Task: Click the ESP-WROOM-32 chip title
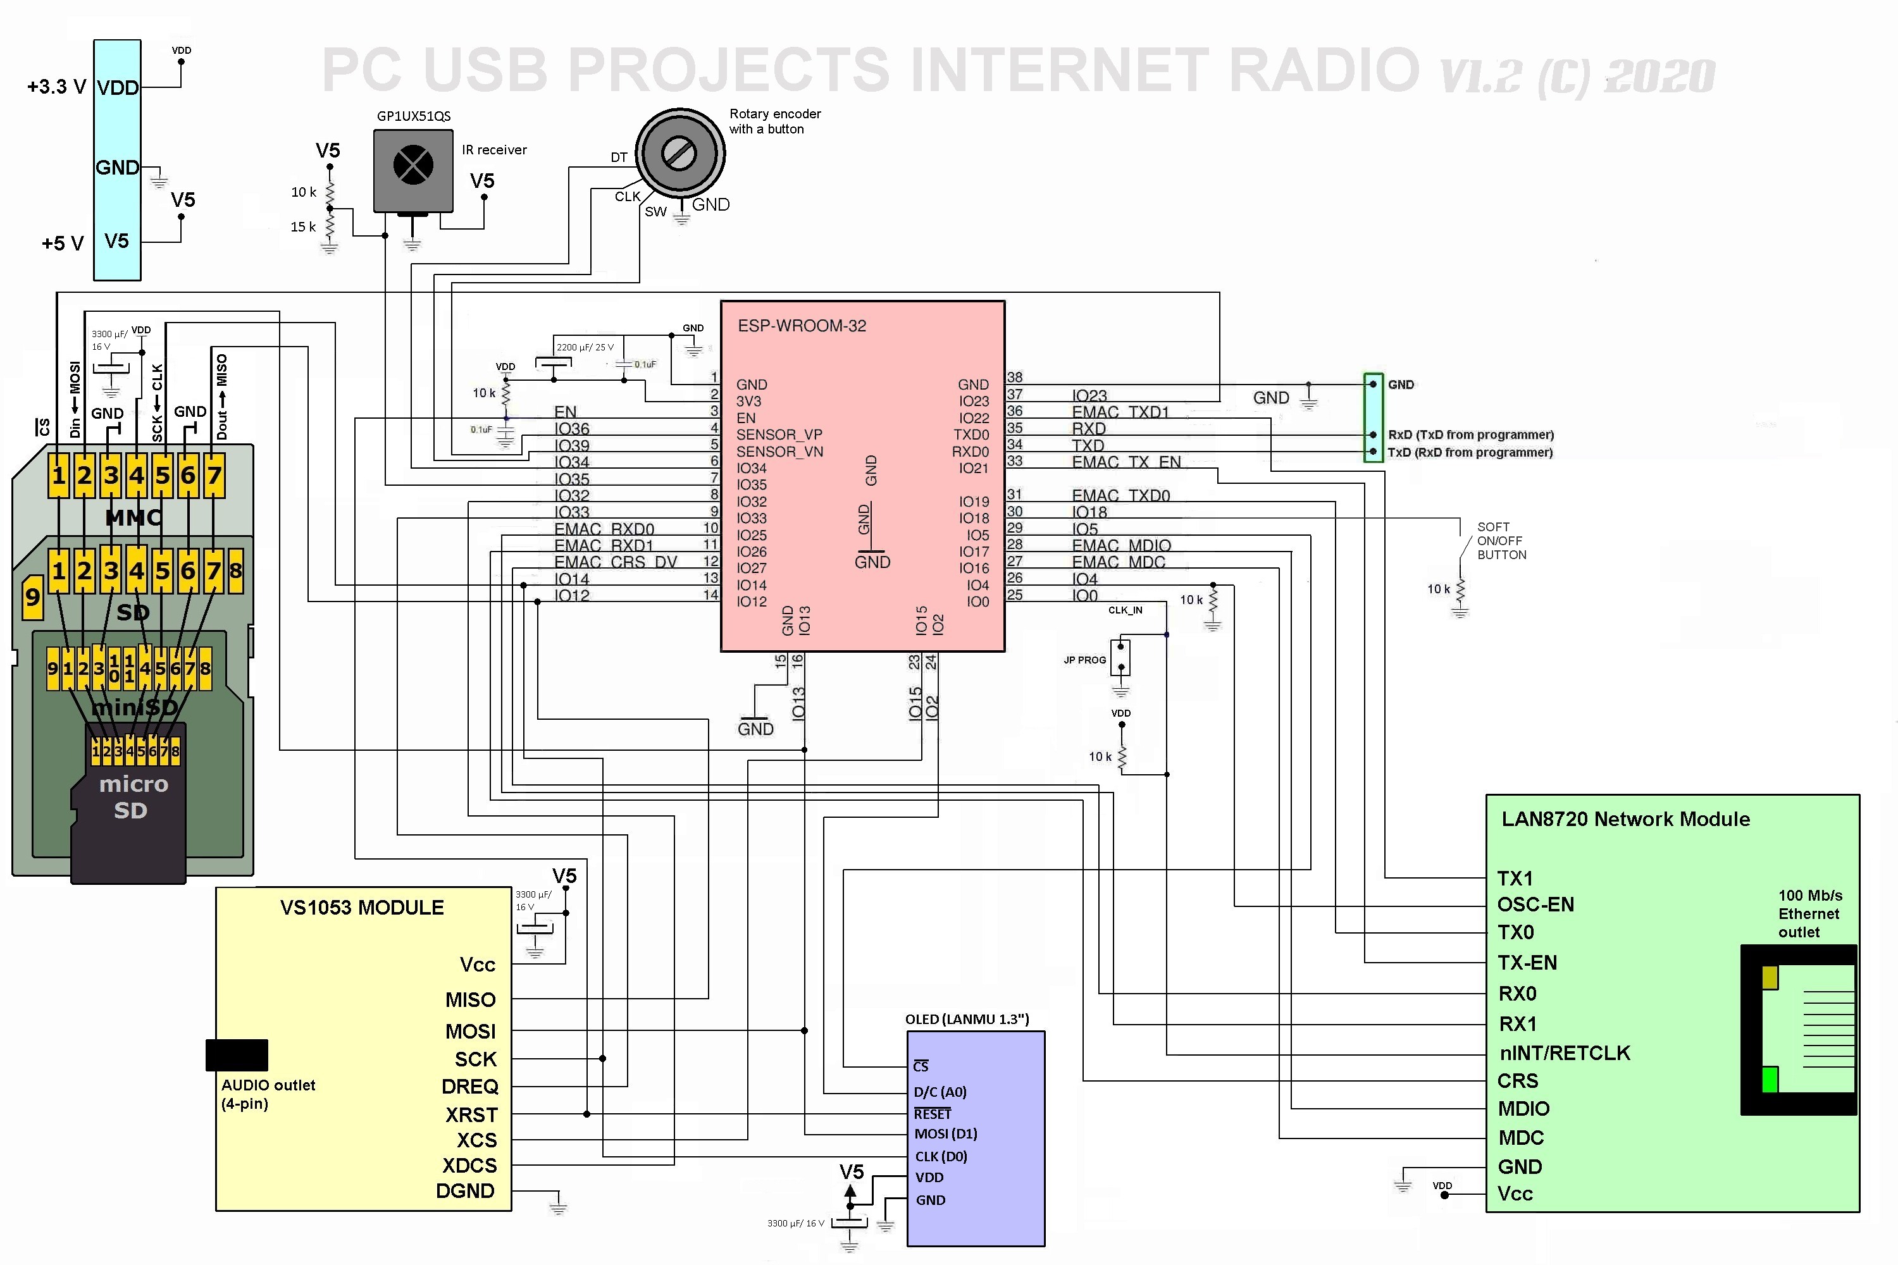[802, 326]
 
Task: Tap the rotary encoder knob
[679, 152]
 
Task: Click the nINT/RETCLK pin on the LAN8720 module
[1564, 1053]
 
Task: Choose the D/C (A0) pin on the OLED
[940, 1092]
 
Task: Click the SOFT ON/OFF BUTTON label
[1501, 541]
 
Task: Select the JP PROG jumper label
[1084, 660]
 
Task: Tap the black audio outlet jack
[237, 1054]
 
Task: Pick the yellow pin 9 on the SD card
[32, 597]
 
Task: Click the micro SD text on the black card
[132, 796]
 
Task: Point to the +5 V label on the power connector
[62, 243]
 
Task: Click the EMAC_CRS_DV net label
[615, 562]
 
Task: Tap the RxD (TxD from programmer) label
[1470, 435]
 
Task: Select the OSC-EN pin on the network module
[1535, 904]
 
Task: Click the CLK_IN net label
[1125, 610]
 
